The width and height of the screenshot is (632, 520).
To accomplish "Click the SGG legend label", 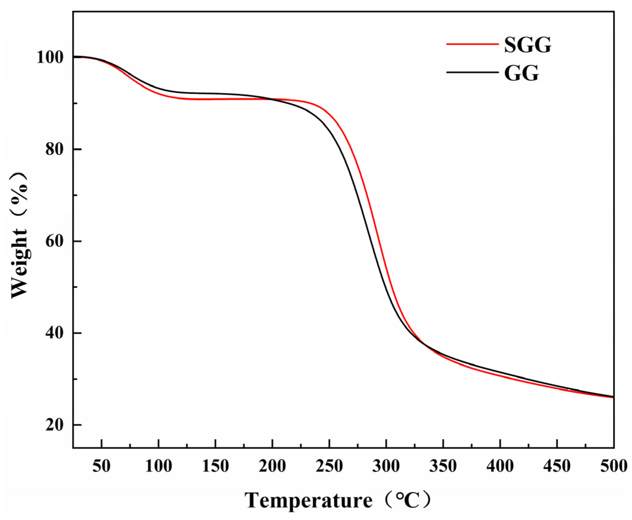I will tap(528, 46).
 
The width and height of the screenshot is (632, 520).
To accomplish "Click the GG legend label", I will tap(521, 73).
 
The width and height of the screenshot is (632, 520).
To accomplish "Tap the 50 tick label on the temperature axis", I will tap(102, 466).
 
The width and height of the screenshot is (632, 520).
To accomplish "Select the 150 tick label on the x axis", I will tap(215, 466).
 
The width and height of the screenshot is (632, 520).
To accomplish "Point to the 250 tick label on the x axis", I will tap(329, 466).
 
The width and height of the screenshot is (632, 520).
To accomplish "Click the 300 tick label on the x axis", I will tap(386, 466).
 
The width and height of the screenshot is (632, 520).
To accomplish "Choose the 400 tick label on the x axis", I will tap(500, 466).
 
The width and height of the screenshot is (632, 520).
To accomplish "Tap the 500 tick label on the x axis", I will tap(614, 466).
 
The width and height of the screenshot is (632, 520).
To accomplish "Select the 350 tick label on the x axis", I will tap(443, 466).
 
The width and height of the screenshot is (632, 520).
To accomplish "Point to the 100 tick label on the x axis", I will tap(159, 466).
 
